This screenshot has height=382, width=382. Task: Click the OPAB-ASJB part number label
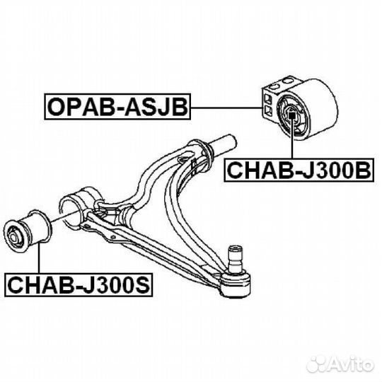click(117, 106)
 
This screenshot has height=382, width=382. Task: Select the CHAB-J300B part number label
click(299, 170)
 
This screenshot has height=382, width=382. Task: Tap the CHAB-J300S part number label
click(79, 284)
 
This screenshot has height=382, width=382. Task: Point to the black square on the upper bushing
click(291, 114)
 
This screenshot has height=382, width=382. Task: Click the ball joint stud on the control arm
click(234, 258)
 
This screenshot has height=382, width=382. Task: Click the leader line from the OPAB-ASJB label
click(226, 108)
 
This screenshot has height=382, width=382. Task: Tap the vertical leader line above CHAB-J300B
click(292, 138)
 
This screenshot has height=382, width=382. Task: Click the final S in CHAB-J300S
click(141, 284)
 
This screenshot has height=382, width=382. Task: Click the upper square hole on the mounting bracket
click(267, 98)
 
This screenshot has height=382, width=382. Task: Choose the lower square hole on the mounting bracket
click(267, 110)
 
